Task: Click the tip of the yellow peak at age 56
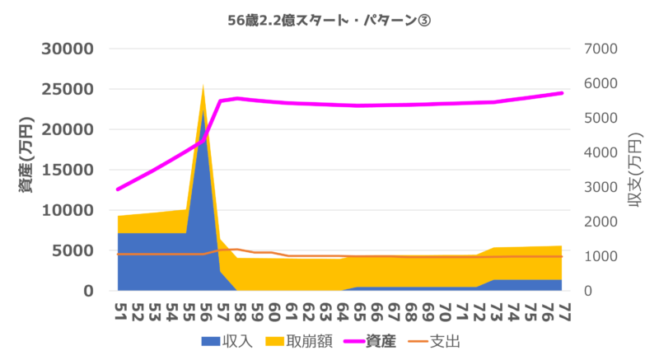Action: (203, 85)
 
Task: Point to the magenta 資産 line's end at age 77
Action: (563, 93)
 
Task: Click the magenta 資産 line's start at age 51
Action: (118, 189)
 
